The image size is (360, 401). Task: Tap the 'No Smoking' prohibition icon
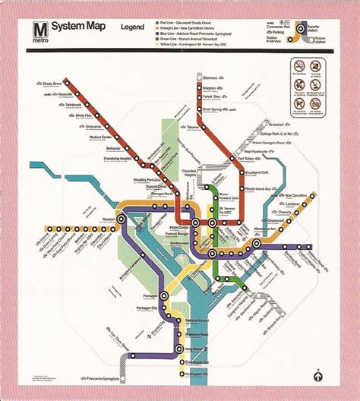[x=300, y=68]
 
